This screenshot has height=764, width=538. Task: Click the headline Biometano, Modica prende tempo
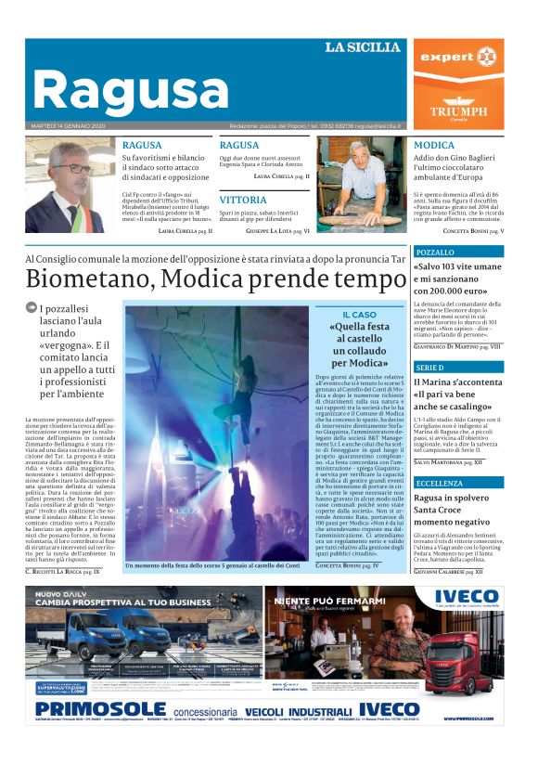click(215, 278)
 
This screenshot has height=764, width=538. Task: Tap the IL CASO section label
click(358, 316)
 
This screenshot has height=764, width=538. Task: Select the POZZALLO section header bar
click(458, 253)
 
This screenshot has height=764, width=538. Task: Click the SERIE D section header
click(458, 368)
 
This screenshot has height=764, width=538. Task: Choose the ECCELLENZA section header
click(458, 484)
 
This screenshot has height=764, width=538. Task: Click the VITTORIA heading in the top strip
click(243, 200)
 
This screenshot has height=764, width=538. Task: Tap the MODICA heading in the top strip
click(434, 146)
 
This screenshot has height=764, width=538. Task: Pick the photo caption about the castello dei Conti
click(215, 564)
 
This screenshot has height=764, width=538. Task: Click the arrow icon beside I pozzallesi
click(31, 308)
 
